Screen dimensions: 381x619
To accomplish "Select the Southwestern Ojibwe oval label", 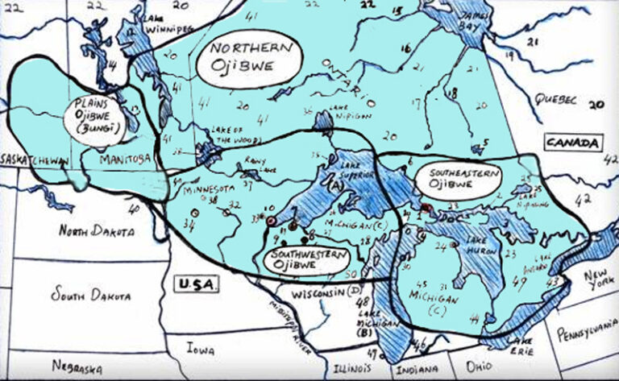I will (305, 259).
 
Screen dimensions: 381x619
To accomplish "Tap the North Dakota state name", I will (95, 232).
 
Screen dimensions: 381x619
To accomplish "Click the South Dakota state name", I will (90, 296).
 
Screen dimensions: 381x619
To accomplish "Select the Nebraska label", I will (77, 367).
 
